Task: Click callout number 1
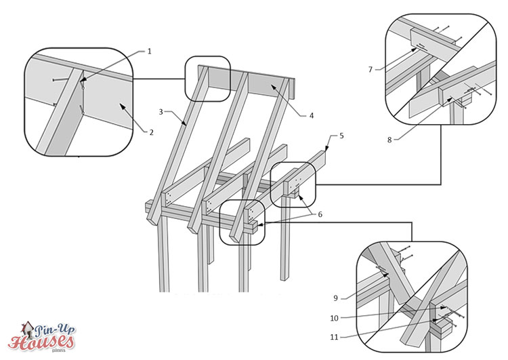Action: pos(149,52)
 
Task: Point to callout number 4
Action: pos(311,115)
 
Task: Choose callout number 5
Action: pos(341,136)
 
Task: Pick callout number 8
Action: pos(389,140)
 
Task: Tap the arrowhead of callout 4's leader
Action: pos(272,85)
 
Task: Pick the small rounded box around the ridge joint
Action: pos(208,79)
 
